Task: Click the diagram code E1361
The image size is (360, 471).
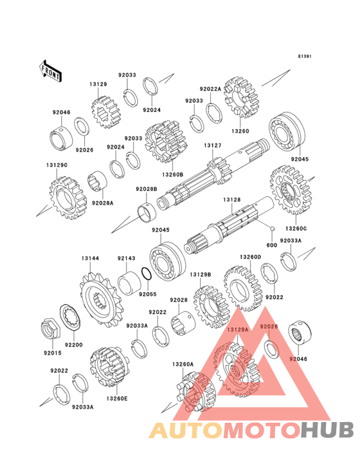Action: click(305, 56)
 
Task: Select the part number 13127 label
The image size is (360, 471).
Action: click(212, 145)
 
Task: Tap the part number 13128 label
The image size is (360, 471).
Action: click(231, 199)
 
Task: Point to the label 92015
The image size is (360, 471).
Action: click(53, 353)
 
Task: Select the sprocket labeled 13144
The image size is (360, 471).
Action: click(100, 299)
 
